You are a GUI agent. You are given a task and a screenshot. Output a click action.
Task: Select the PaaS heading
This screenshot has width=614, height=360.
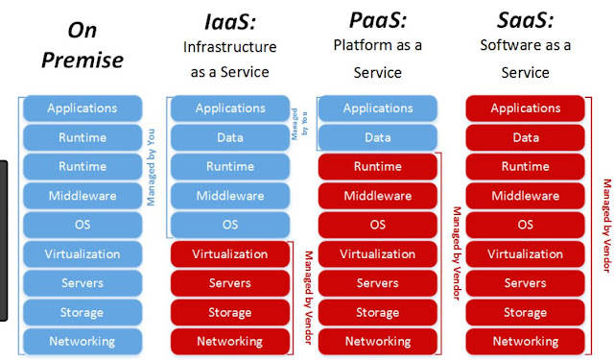click(x=376, y=20)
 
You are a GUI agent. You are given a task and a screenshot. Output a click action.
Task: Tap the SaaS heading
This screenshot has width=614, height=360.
click(x=524, y=20)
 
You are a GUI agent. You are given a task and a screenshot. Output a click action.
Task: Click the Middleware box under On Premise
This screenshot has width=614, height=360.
click(x=83, y=196)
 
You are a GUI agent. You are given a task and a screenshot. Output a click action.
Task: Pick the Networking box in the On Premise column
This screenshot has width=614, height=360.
click(x=83, y=341)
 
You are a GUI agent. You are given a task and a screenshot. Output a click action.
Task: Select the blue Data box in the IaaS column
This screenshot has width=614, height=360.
click(x=229, y=138)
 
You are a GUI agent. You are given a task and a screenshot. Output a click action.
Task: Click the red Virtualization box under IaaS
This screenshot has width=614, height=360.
click(x=229, y=254)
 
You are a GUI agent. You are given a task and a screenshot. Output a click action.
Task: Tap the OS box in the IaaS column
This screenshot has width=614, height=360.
click(x=229, y=225)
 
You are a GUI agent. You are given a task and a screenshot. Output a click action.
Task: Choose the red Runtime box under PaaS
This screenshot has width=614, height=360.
click(x=377, y=167)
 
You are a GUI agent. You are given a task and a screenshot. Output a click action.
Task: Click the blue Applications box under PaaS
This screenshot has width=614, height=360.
click(x=377, y=108)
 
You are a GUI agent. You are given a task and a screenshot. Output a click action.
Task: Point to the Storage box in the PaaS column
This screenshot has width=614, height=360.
click(x=377, y=312)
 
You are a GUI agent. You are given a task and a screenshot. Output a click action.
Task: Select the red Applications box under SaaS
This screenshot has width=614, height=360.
click(x=525, y=108)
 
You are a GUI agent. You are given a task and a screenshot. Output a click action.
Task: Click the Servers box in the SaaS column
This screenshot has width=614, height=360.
click(x=525, y=283)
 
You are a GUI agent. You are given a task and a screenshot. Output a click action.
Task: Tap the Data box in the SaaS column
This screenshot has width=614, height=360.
click(x=525, y=138)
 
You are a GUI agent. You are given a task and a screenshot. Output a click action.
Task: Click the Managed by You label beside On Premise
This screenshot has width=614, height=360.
click(x=153, y=167)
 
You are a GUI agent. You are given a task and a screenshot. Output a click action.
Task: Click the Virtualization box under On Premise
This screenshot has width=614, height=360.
click(x=83, y=254)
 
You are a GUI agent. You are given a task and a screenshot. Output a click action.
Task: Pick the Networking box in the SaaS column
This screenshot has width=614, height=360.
click(x=525, y=341)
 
